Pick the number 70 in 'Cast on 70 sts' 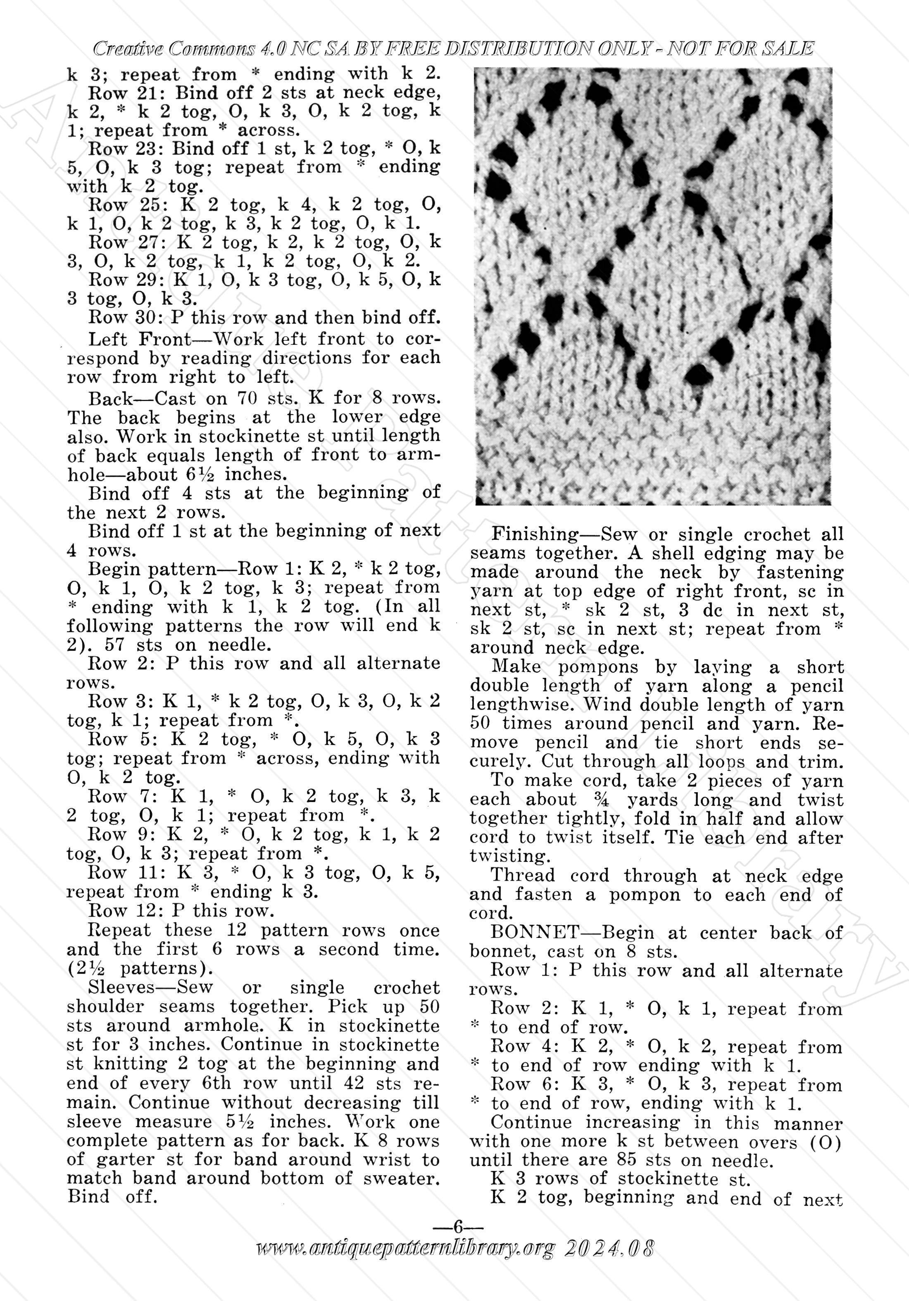[247, 398]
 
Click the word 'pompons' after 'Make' [598, 667]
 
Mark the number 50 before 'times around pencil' [481, 724]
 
